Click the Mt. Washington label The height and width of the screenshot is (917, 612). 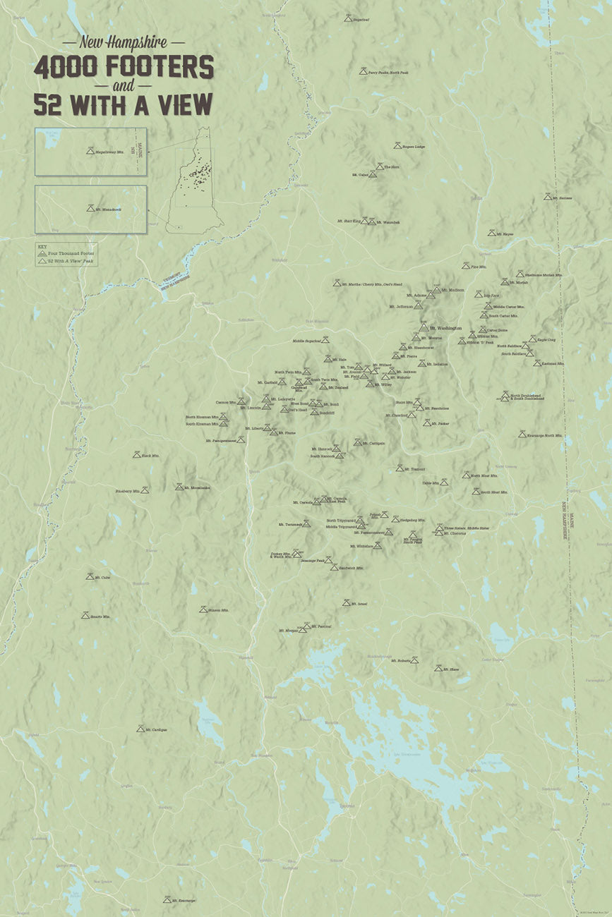[x=445, y=328]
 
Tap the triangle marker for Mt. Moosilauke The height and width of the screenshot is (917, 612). [x=179, y=486]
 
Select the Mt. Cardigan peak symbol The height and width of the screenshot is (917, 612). [x=140, y=729]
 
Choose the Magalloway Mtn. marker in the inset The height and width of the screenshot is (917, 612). [x=90, y=150]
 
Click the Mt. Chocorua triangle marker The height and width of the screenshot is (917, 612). [x=439, y=533]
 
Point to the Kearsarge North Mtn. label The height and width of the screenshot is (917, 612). [x=545, y=436]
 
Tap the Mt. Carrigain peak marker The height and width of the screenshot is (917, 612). [x=357, y=442]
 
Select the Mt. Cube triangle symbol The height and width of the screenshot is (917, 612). [x=90, y=576]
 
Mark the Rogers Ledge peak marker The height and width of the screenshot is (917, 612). [x=397, y=146]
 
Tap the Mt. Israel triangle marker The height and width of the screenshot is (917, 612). [x=346, y=603]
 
